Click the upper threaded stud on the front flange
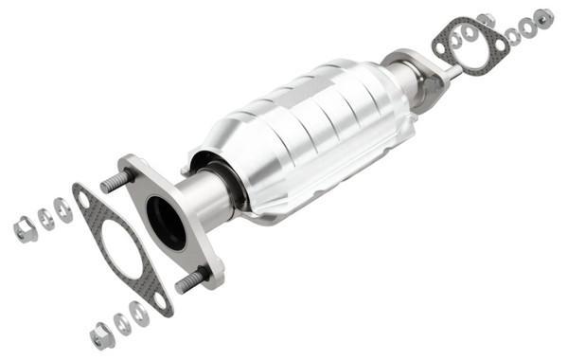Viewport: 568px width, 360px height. coord(115,180)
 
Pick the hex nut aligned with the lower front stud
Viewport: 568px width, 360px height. coord(101,333)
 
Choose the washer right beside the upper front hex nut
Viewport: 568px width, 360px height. coord(44,219)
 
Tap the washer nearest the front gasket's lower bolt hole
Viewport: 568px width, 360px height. coord(140,314)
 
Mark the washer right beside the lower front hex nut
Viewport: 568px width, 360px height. coord(122,324)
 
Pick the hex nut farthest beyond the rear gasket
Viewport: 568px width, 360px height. coord(543,18)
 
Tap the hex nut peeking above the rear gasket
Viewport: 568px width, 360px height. coord(486,19)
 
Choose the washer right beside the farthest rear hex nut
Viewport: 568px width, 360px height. coord(527,27)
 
